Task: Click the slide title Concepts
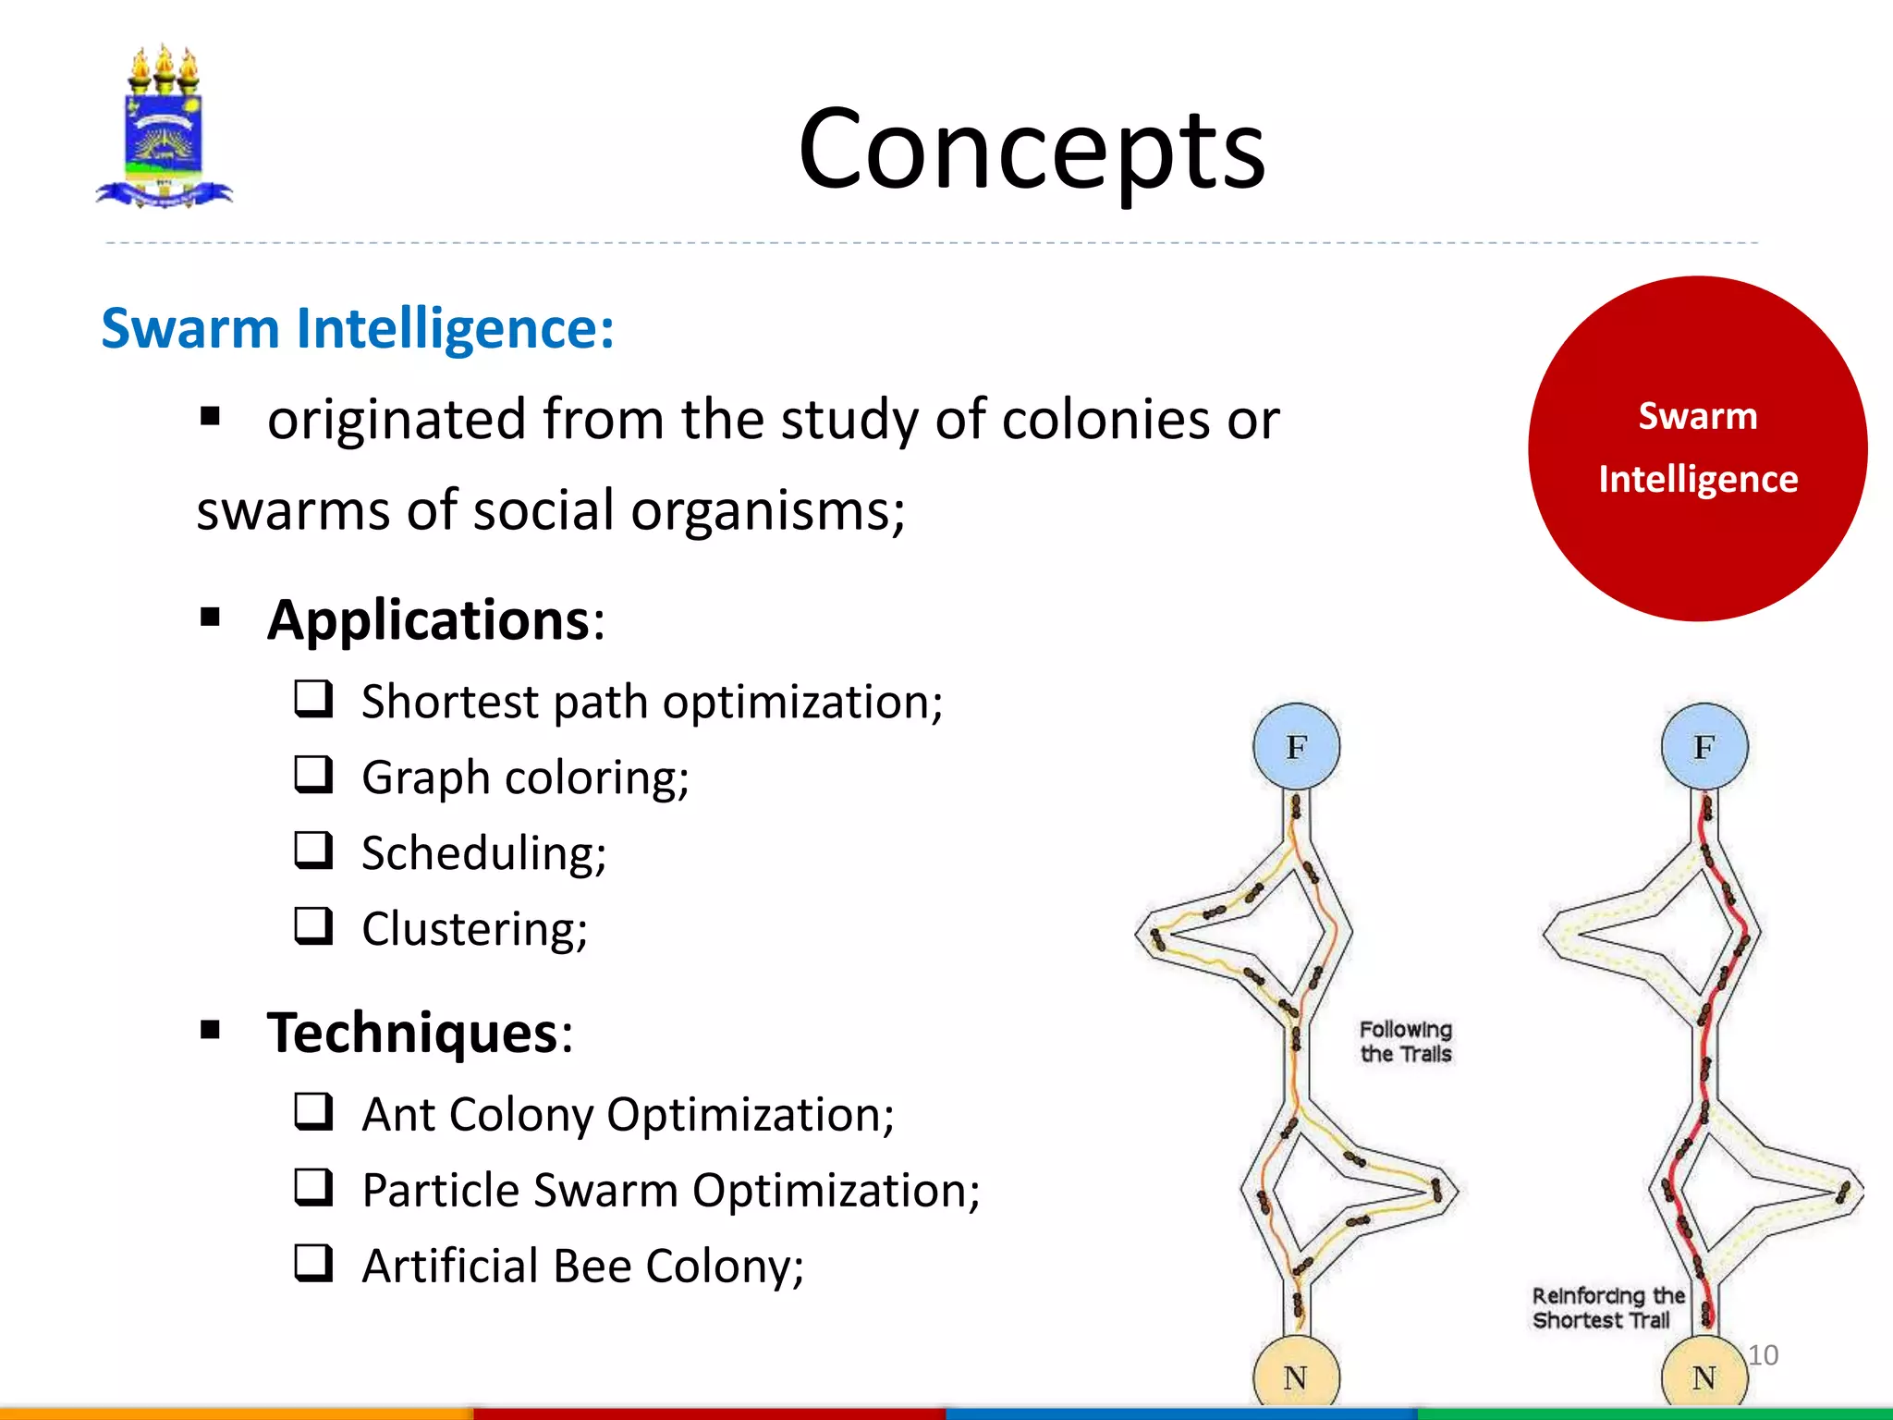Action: tap(1032, 150)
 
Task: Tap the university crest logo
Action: tap(165, 128)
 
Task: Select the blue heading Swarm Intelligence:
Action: tap(358, 328)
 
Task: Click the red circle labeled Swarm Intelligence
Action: tap(1697, 448)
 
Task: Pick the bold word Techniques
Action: tap(413, 1033)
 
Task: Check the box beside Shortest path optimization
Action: tap(314, 699)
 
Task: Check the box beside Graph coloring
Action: tap(314, 775)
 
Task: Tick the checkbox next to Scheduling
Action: tap(314, 851)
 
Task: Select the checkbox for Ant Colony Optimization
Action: tap(314, 1112)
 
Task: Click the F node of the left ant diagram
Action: tap(1296, 747)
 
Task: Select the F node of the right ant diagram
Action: tap(1704, 747)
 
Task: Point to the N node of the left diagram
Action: tap(1296, 1376)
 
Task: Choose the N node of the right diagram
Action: tap(1704, 1377)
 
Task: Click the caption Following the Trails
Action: tap(1405, 1042)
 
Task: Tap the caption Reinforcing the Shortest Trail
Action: tap(1606, 1308)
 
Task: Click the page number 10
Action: tap(1763, 1355)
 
